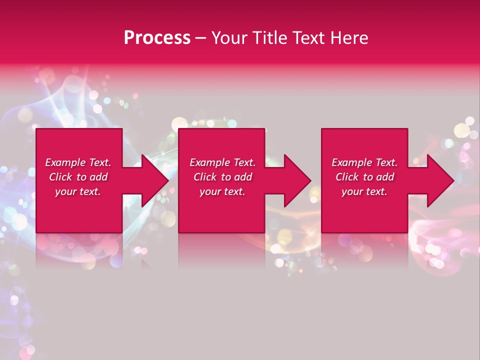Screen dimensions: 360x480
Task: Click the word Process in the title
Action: tap(157, 38)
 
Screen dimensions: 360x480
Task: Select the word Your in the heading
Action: tap(229, 38)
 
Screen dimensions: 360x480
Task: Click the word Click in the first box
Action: tap(60, 177)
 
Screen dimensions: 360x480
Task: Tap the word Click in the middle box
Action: tap(205, 177)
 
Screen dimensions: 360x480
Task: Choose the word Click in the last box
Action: tap(347, 177)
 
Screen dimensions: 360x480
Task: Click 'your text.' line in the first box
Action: tap(78, 191)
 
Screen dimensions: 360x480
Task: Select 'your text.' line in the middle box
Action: tap(222, 191)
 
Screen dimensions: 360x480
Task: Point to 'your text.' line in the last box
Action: tap(364, 191)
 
